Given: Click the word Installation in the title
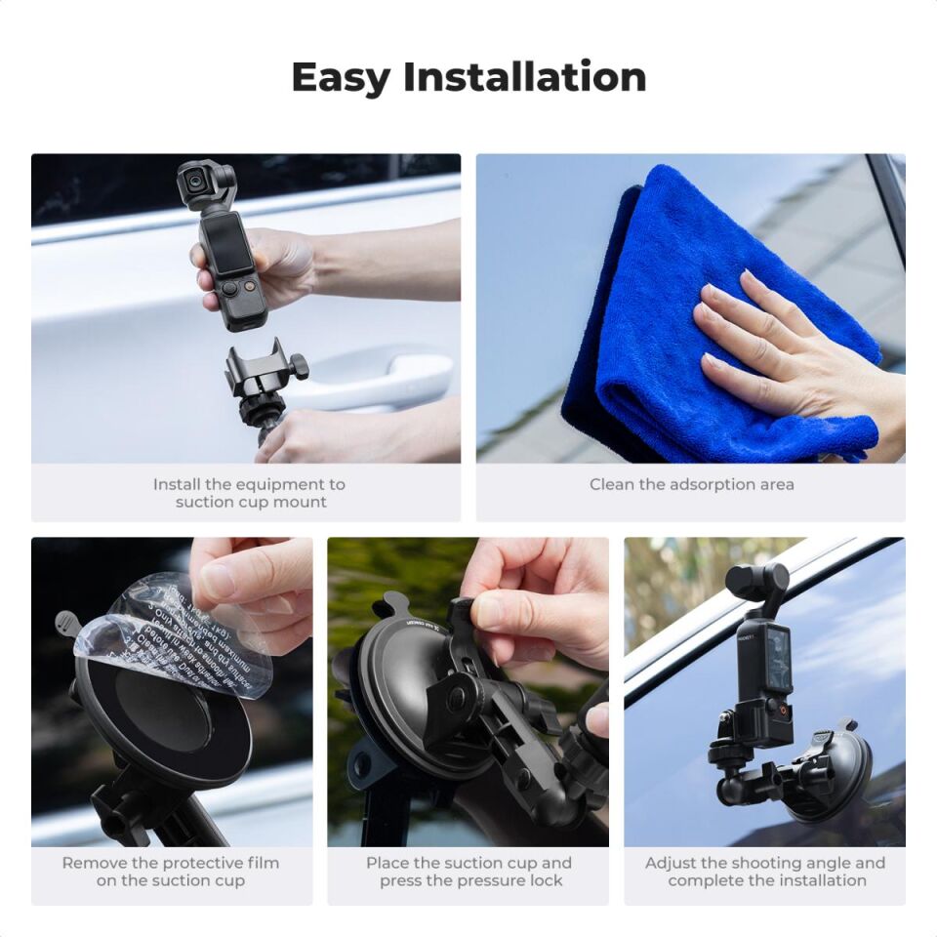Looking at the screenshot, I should point(525,77).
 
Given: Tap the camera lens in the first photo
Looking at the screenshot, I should point(195,181).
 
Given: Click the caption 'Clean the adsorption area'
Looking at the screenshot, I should point(691,484).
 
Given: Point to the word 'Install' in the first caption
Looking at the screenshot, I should point(177,484).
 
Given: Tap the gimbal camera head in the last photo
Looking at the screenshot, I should point(756,582).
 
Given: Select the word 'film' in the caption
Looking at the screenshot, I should point(260,863).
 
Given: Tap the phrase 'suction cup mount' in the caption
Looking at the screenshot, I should point(251,502).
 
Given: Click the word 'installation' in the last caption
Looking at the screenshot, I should point(819,880).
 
